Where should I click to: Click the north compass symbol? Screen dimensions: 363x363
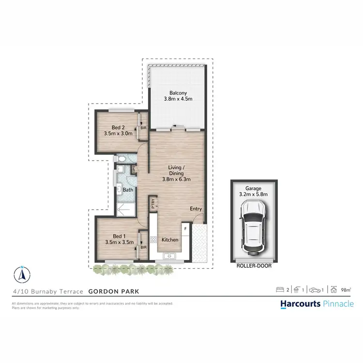click(21, 274)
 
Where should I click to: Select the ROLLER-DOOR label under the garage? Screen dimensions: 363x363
click(254, 266)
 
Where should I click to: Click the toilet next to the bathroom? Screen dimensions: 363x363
click(121, 159)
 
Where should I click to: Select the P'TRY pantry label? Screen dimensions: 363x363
click(153, 203)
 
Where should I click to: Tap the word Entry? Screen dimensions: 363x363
click(196, 209)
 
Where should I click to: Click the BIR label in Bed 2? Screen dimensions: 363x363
click(143, 127)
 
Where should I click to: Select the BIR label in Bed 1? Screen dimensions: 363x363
click(143, 247)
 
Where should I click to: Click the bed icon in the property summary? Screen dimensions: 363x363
click(280, 290)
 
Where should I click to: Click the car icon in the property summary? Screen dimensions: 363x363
click(315, 290)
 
